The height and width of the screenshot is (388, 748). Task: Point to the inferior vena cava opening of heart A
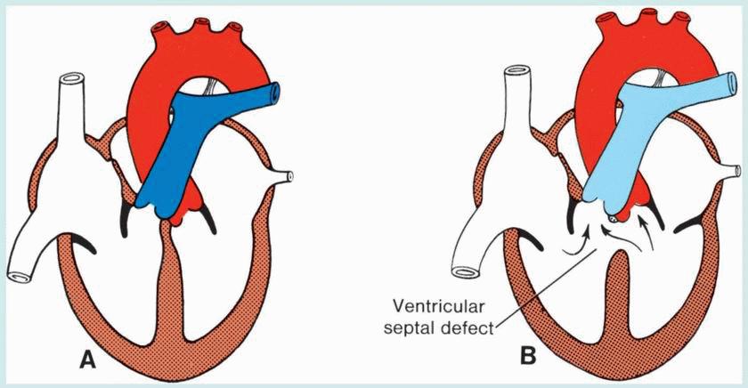tap(17, 268)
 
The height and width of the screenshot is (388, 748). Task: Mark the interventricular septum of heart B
tap(614, 294)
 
